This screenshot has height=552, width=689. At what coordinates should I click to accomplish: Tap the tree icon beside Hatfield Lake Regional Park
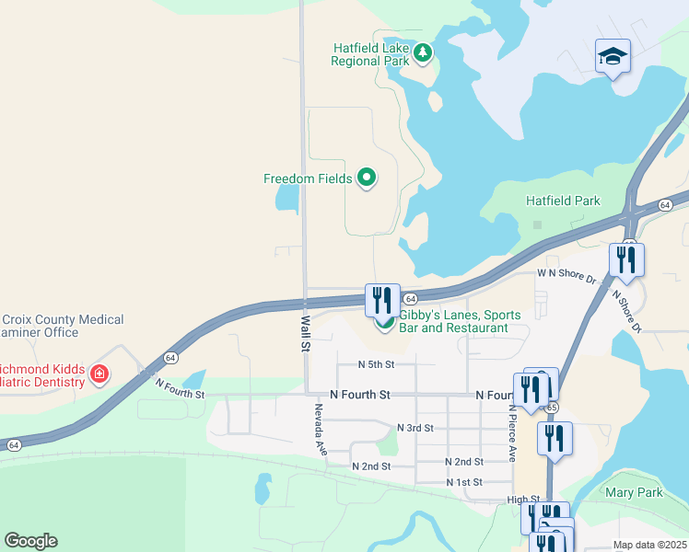point(423,53)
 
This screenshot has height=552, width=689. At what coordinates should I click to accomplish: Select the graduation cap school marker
point(613,57)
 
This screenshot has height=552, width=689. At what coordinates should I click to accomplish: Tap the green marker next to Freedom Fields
point(367,178)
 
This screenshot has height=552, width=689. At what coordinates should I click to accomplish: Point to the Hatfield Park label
point(563,201)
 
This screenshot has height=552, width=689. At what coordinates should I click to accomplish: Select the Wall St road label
point(304,333)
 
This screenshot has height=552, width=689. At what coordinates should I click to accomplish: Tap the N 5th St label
point(376,364)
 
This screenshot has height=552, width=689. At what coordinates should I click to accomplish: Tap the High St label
point(522,499)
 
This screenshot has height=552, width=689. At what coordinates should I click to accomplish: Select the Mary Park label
point(634,493)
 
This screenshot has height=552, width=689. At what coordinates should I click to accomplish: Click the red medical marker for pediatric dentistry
point(99,374)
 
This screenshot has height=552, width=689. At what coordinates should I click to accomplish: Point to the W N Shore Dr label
point(567,273)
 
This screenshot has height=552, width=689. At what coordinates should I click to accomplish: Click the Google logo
point(30,541)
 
